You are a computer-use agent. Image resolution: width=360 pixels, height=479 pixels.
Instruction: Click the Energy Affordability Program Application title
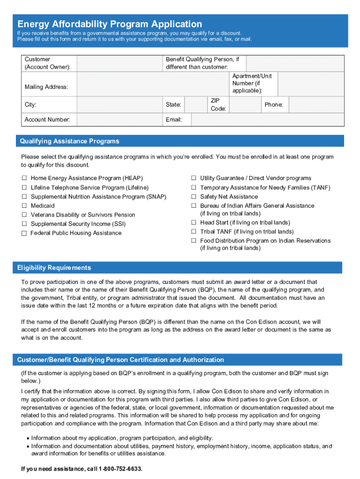coord(109,24)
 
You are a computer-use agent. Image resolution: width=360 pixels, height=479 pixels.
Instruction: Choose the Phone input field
coord(316,105)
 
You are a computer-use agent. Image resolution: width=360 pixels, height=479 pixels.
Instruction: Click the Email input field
coord(268,120)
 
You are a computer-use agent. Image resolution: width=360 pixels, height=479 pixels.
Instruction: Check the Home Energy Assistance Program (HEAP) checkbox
coord(24,178)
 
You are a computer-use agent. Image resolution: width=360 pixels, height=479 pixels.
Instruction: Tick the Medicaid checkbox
coord(24,206)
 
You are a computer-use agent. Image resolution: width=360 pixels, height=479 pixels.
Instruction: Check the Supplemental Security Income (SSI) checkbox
coord(24,224)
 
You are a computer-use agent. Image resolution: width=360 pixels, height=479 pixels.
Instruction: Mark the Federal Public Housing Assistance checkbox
coord(24,233)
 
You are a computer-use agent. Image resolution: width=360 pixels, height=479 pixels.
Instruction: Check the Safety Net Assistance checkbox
coord(193,197)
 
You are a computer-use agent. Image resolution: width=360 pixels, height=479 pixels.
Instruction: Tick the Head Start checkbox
coord(193,223)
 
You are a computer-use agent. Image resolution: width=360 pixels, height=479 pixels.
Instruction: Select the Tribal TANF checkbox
coord(193,232)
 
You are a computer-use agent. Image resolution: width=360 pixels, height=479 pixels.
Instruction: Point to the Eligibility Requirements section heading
coord(54,268)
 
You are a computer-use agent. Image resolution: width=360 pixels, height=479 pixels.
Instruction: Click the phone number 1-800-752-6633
coord(120,469)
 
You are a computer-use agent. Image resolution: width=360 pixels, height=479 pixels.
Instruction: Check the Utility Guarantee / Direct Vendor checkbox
coord(193,178)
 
